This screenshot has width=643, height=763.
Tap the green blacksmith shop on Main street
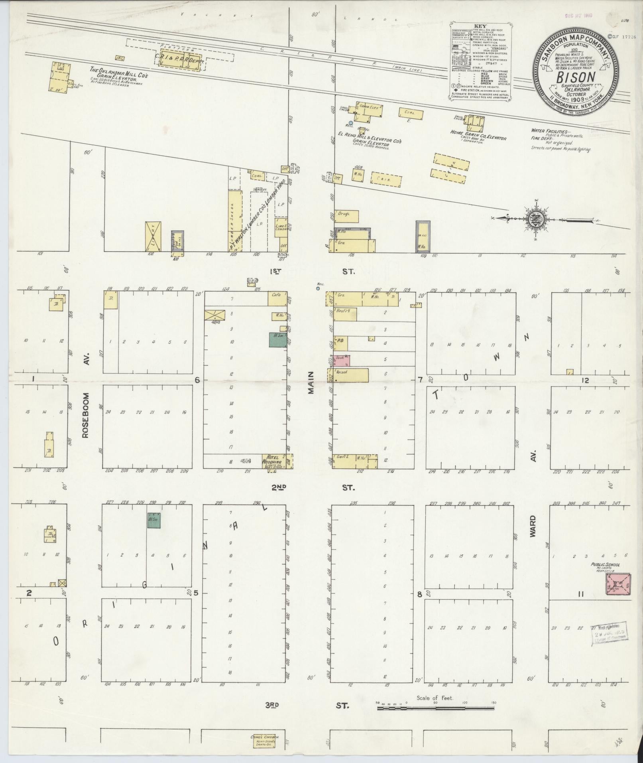(x=277, y=339)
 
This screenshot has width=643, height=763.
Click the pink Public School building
(x=618, y=584)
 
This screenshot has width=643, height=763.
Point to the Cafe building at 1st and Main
(x=277, y=299)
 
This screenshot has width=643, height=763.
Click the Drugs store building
(x=346, y=217)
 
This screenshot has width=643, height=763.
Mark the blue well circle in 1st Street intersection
(x=318, y=288)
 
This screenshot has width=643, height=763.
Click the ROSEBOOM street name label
(x=85, y=415)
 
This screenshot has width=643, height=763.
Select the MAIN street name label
(x=311, y=383)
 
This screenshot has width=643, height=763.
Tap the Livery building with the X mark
(x=153, y=237)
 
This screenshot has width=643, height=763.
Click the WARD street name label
(x=533, y=526)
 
